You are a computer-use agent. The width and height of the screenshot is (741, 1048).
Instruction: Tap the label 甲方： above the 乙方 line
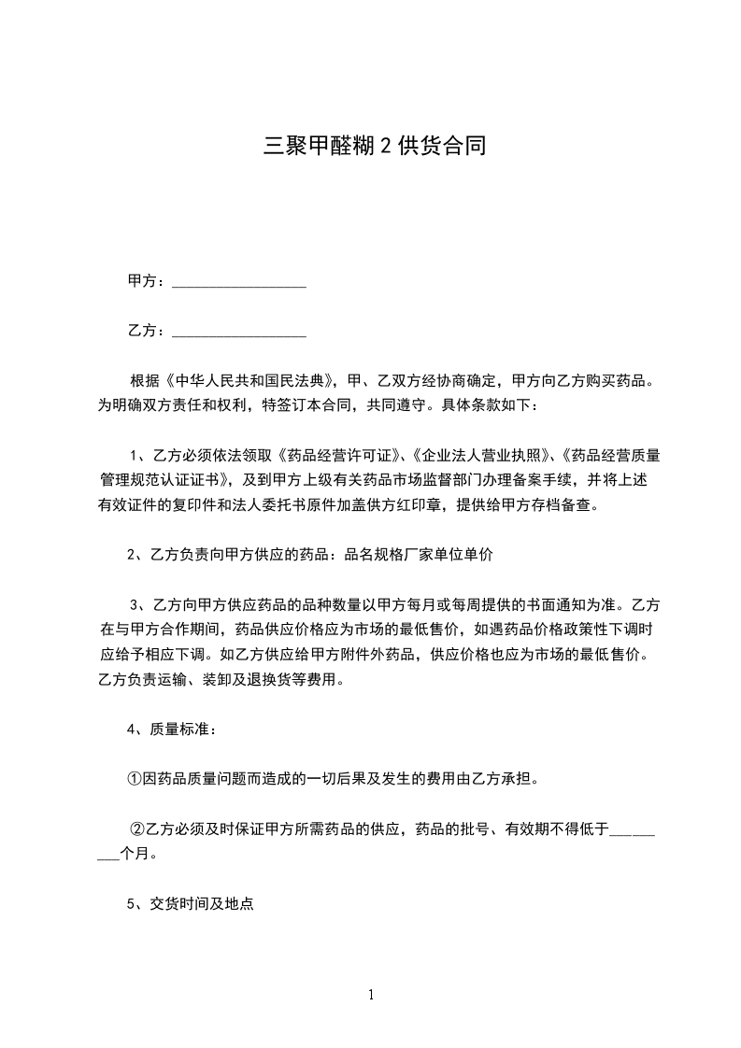pos(146,280)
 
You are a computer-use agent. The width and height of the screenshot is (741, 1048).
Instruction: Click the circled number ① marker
pos(134,778)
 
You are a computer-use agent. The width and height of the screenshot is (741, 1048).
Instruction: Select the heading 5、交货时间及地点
pos(191,904)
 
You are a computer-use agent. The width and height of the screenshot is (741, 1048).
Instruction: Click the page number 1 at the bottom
pos(371,996)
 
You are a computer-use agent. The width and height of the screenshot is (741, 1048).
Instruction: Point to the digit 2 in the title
pos(384,146)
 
